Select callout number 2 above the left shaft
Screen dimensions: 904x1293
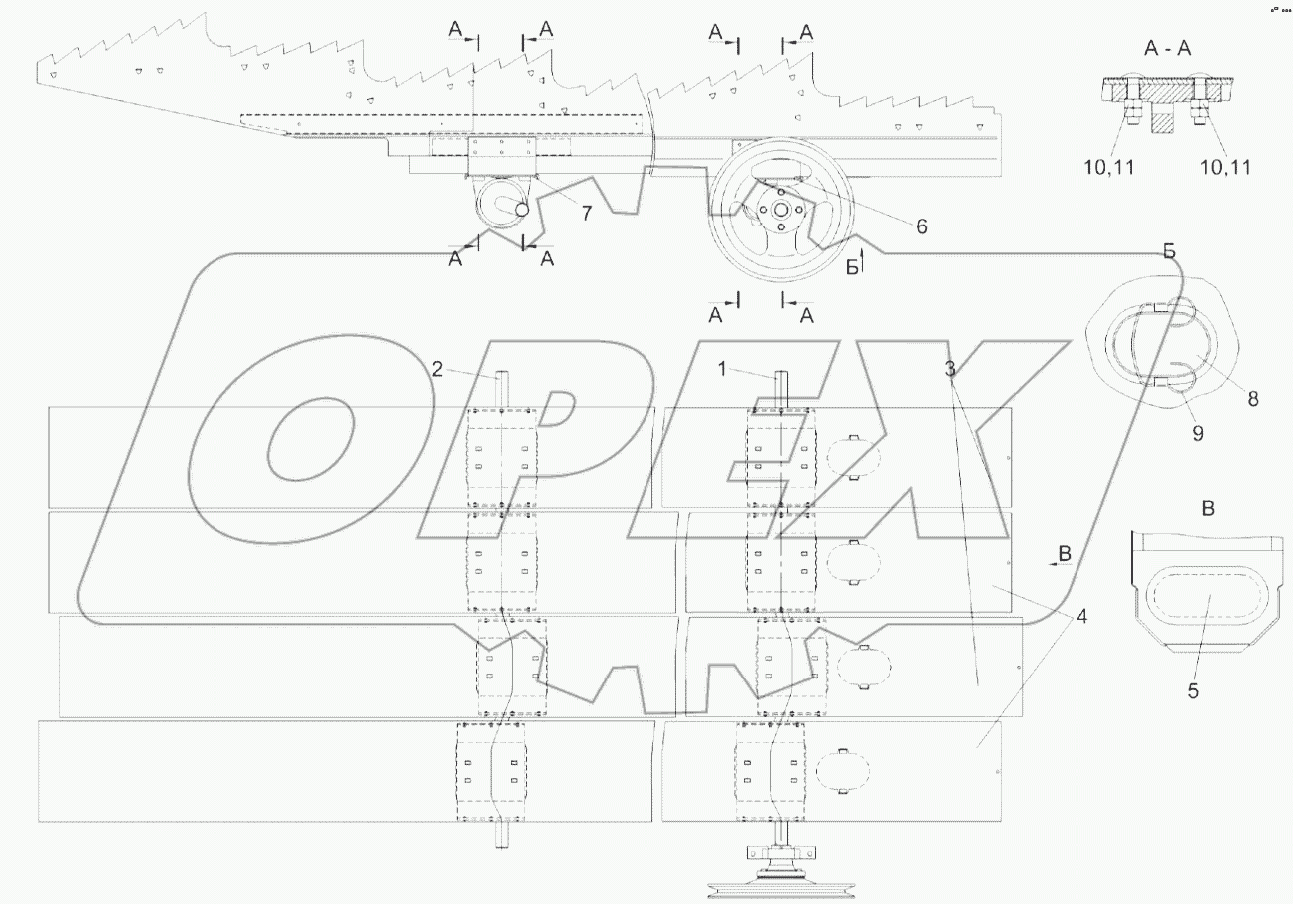click(437, 369)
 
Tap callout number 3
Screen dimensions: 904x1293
click(951, 369)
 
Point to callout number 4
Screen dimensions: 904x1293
click(1082, 616)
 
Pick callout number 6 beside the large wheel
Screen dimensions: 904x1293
click(920, 226)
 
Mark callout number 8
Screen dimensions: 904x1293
click(1252, 398)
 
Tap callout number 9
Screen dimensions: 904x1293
click(1198, 433)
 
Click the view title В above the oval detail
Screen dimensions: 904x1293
click(1208, 509)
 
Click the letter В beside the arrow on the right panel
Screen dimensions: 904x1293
click(1065, 552)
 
